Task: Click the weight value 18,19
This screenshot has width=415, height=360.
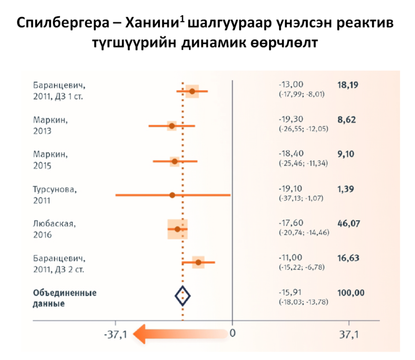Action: coord(348,85)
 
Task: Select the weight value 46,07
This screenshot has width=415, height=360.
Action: coord(349,223)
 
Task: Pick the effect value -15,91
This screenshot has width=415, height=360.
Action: coord(291,293)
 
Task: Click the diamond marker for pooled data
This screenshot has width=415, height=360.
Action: coord(183,296)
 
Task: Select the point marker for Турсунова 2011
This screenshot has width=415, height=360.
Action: coord(172,195)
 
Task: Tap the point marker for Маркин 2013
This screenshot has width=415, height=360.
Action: coord(172,126)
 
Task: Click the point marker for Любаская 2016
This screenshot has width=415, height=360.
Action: coord(177,229)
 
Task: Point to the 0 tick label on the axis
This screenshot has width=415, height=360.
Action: coord(233,334)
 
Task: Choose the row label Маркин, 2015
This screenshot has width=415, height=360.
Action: coord(50,160)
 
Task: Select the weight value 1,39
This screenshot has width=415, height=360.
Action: coord(345,189)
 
